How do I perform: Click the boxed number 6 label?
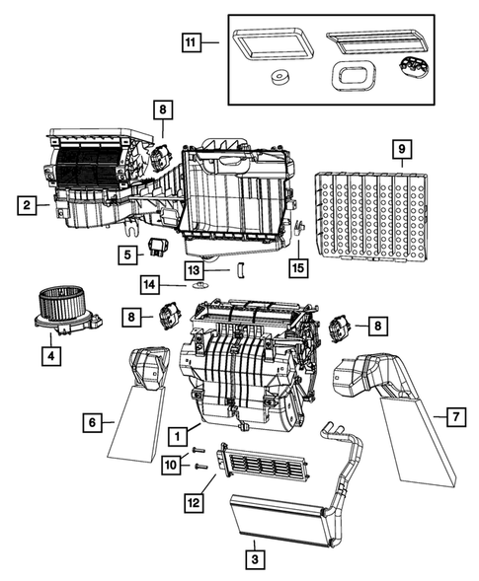point(91,422)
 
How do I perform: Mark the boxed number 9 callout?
point(401,150)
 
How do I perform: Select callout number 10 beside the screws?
point(172,462)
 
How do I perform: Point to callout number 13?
point(195,268)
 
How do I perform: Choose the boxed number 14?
point(149,284)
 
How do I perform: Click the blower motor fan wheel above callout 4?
point(64,305)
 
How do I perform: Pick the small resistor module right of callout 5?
point(159,246)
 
